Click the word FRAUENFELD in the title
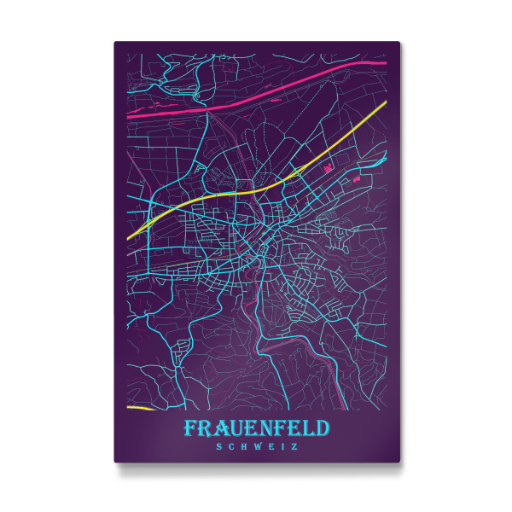coord(257,427)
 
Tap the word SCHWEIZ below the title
coord(257,445)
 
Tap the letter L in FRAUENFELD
coord(311,427)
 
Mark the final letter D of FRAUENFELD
coord(325,427)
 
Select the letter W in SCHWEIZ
coord(255,445)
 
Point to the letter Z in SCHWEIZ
coord(294,445)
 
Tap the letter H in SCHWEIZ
coord(243,445)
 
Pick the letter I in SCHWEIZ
coord(282,445)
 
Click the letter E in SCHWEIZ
coord(270,445)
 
